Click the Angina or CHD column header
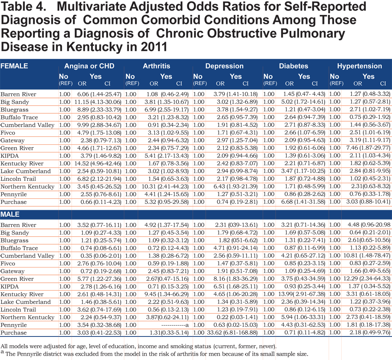pos(89,66)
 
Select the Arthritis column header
pos(156,66)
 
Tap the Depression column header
pos(224,66)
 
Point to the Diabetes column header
pos(294,66)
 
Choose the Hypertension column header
pos(359,66)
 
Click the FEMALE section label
pos(14,66)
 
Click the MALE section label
pos(10,215)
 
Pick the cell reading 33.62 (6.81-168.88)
pos(232,333)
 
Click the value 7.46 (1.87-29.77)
pos(368,148)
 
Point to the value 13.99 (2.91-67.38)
pos(302,294)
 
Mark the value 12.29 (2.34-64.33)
pos(367,279)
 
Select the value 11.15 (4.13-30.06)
pos(98,102)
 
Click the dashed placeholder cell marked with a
pos(175,325)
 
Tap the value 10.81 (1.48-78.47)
pos(367,256)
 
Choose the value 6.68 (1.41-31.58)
pos(303,202)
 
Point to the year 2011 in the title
pos(154,47)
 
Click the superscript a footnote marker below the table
pos(2,352)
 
